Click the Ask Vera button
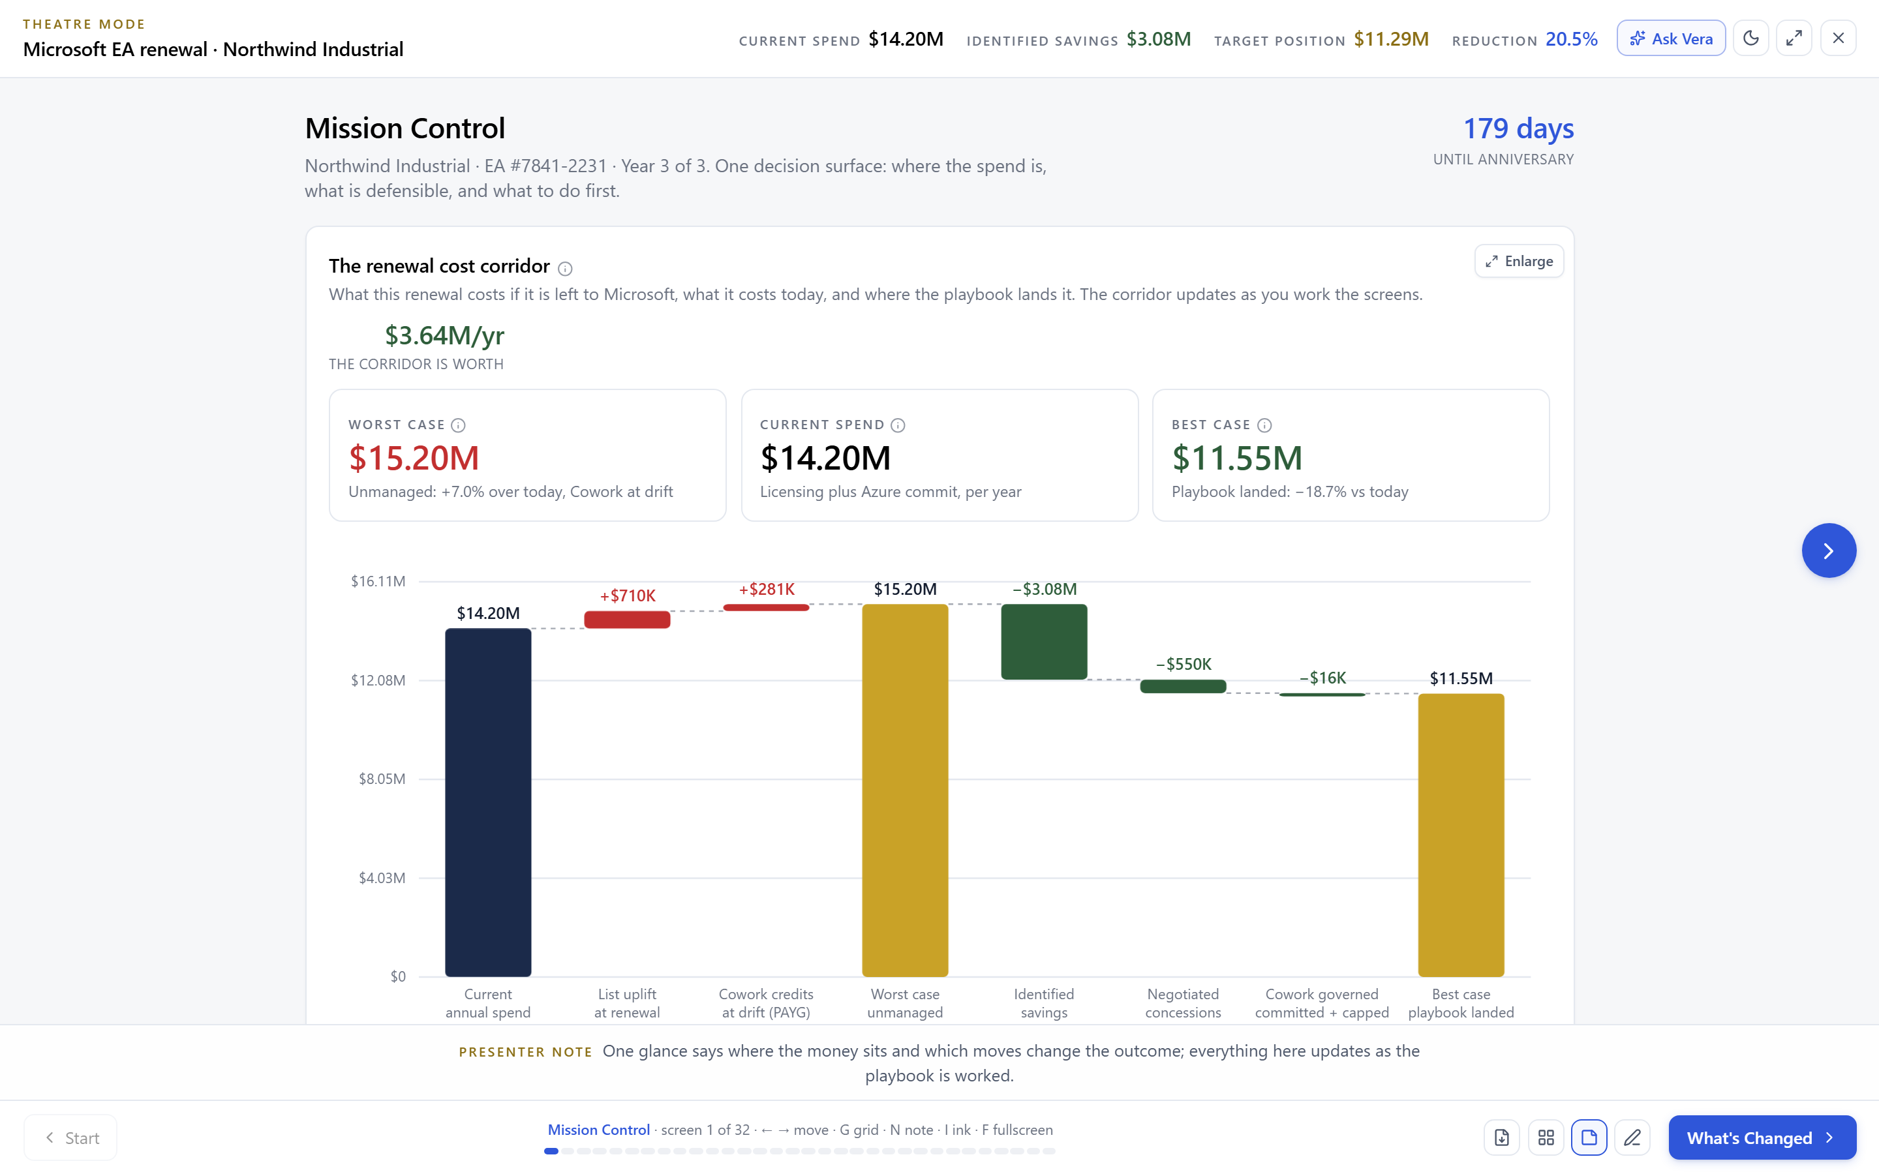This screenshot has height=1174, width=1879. coord(1671,38)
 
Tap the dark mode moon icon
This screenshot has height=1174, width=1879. coord(1751,38)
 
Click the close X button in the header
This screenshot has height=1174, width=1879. coord(1838,38)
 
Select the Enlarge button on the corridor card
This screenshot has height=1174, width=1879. coord(1519,261)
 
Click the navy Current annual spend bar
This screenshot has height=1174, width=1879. coord(487,802)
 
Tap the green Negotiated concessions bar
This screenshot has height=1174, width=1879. coord(1182,686)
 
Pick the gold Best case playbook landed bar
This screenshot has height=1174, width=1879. coord(1461,835)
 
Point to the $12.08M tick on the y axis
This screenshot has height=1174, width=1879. coord(378,680)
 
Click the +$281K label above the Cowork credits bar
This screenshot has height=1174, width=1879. coord(767,590)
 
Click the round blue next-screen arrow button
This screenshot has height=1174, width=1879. coord(1829,550)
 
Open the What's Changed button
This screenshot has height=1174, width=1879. coord(1762,1137)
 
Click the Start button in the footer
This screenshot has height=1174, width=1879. coord(70,1137)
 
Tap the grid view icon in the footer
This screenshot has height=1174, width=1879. coord(1546,1137)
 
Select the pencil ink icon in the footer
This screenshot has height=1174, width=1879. coord(1632,1137)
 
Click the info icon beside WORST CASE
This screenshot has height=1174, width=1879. coord(458,425)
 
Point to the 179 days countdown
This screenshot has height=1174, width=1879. coord(1518,128)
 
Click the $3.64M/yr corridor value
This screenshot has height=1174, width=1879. coord(444,335)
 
